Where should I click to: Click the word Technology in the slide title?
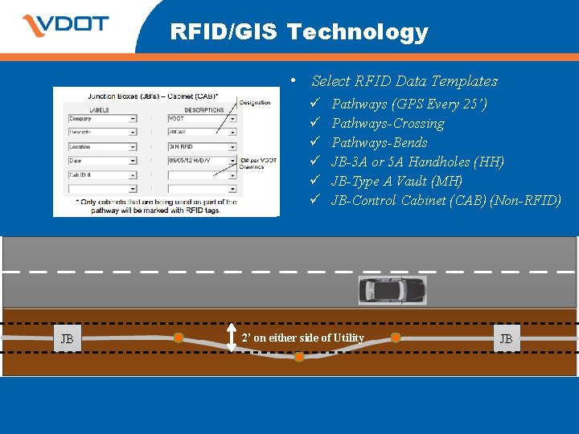pyautogui.click(x=357, y=32)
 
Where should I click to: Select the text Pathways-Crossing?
pyautogui.click(x=388, y=123)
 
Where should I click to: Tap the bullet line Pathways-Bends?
pyautogui.click(x=379, y=142)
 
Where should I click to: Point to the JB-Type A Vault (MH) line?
pyautogui.click(x=396, y=181)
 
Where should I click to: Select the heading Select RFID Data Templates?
pyautogui.click(x=404, y=81)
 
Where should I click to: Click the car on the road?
pyautogui.click(x=392, y=290)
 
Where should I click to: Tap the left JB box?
pyautogui.click(x=68, y=338)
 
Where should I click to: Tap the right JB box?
pyautogui.click(x=506, y=338)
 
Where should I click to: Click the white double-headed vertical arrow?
pyautogui.click(x=232, y=338)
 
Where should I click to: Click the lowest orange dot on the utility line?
pyautogui.click(x=299, y=356)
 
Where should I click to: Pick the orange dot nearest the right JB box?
pyautogui.click(x=395, y=336)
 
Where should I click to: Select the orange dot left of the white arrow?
pyautogui.click(x=179, y=337)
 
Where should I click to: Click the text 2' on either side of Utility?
pyautogui.click(x=302, y=338)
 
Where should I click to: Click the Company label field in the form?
pyautogui.click(x=102, y=119)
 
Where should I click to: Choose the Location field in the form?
pyautogui.click(x=102, y=147)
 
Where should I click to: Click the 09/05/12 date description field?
pyautogui.click(x=202, y=161)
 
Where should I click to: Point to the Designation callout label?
pyautogui.click(x=255, y=102)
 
